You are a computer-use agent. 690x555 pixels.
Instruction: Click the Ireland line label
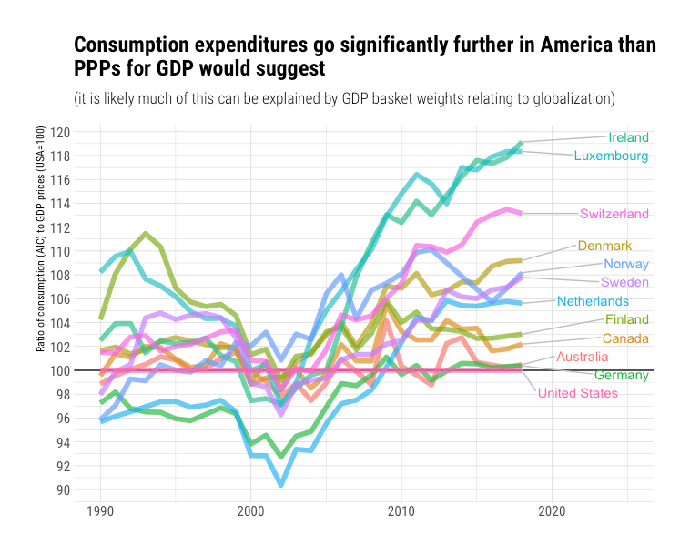point(628,138)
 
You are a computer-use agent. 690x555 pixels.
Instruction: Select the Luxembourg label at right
point(611,156)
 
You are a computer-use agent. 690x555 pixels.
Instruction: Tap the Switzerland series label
point(614,215)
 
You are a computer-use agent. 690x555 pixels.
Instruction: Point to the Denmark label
point(604,247)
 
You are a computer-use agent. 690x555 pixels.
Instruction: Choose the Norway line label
point(626,265)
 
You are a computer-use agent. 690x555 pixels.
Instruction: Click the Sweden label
point(624,283)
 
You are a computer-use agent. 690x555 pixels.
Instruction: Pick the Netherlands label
point(593,301)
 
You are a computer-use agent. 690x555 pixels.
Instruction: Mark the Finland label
point(626,320)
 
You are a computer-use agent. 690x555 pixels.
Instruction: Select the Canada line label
point(625,339)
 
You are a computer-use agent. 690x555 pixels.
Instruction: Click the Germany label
point(621,376)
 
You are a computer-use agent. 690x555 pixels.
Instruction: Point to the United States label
point(577,394)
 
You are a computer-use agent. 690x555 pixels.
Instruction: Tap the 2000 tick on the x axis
point(250,512)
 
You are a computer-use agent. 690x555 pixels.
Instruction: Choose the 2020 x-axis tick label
point(552,512)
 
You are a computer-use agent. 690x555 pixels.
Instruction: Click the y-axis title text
point(41,250)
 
